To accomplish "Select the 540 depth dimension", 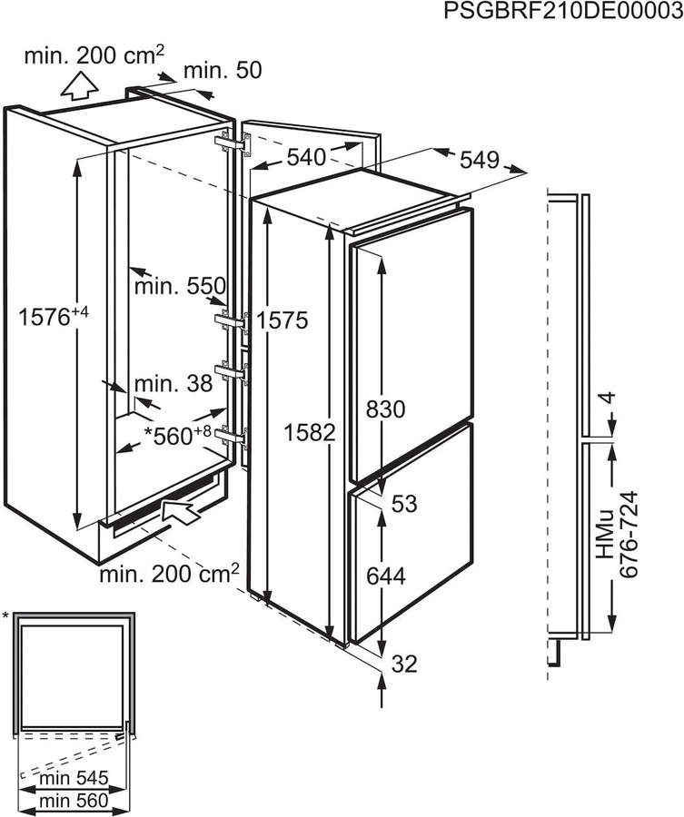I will click(305, 157).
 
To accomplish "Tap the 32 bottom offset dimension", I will click(404, 664).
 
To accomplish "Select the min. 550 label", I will click(178, 288).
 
